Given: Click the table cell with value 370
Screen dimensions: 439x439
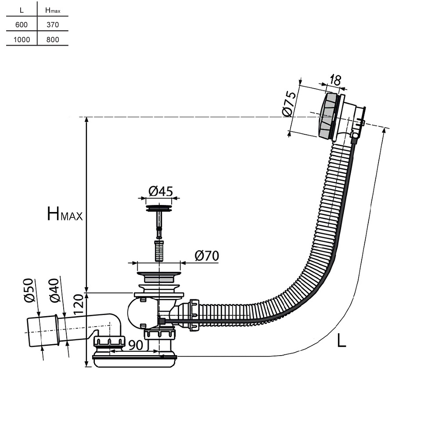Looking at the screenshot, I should pos(52,25).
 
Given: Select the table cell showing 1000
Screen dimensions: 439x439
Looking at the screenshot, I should pos(22,40).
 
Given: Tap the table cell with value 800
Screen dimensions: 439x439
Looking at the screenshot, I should pos(52,40).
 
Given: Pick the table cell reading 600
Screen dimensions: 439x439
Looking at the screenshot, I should pos(22,25).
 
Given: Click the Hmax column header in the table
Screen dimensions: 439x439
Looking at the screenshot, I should pos(52,10).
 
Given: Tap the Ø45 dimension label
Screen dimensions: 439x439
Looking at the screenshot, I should pos(160,191).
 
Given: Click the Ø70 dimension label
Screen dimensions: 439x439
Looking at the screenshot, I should pos(206,255).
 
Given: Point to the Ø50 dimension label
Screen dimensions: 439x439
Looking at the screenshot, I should pos(29,291).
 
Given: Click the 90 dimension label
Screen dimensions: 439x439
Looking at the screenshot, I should pos(136,345).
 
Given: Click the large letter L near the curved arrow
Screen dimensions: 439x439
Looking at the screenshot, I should pos(342,340).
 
